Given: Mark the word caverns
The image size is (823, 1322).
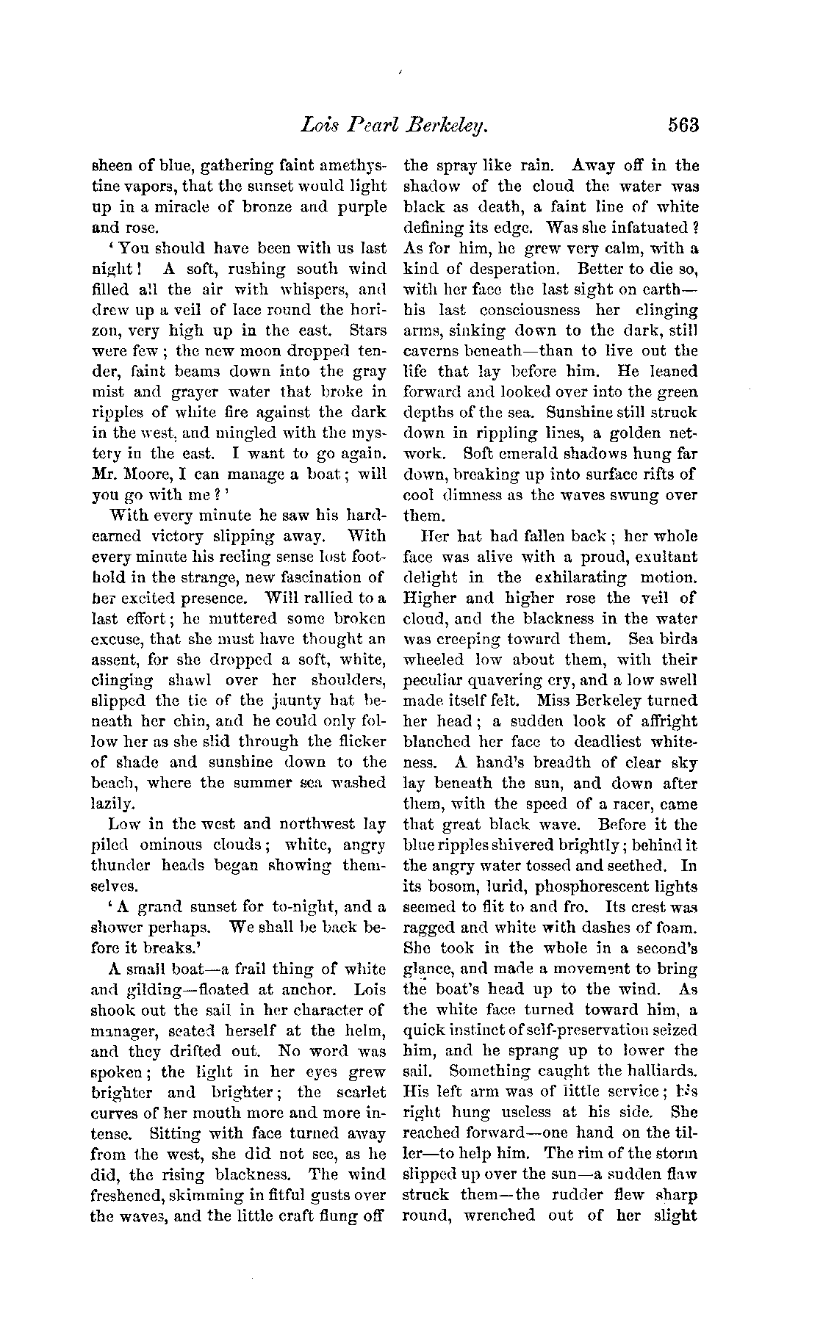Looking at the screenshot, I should point(434,351).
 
